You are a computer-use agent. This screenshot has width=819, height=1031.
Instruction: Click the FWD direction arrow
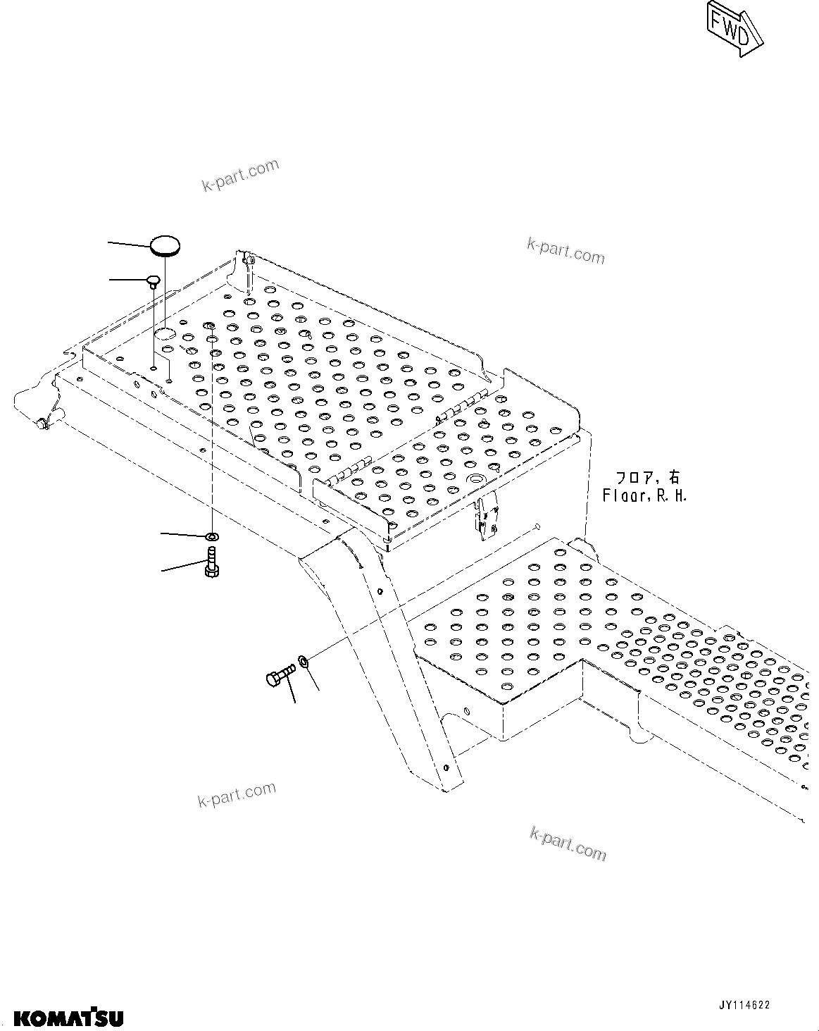tap(734, 27)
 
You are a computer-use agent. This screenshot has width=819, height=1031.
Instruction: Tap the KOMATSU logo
tap(69, 1018)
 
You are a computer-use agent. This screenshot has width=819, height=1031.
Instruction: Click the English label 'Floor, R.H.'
tap(644, 495)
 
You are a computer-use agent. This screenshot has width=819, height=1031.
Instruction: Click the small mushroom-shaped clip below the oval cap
tap(153, 282)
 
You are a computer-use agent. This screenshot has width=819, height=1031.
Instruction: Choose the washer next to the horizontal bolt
tap(304, 662)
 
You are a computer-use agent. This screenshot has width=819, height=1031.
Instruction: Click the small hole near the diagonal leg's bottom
tap(446, 767)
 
